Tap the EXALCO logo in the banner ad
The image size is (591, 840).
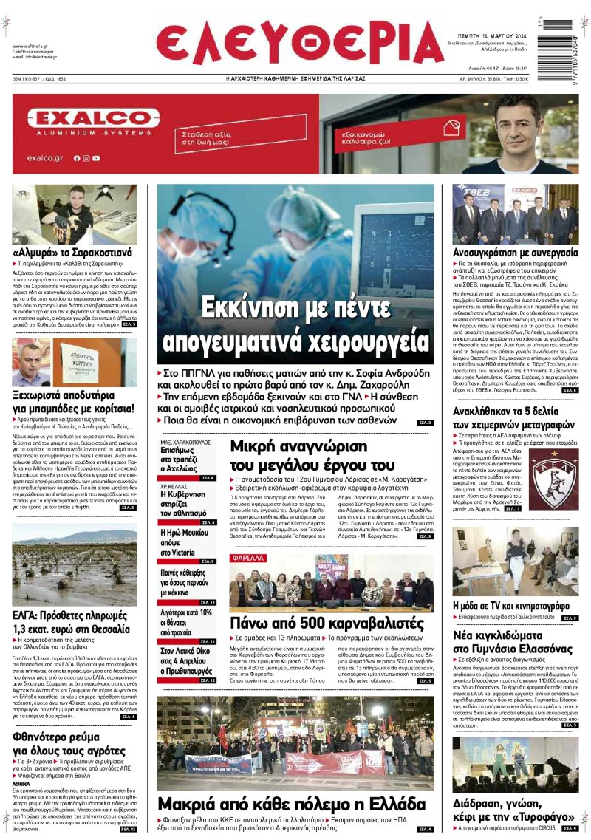(93, 118)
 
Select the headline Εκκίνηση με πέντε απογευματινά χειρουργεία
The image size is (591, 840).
(295, 325)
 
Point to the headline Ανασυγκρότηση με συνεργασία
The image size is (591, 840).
(515, 252)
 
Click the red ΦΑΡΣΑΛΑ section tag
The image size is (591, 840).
(247, 559)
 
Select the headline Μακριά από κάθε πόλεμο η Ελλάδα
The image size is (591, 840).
(295, 804)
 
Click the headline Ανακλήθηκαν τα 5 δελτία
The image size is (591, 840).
(513, 419)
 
